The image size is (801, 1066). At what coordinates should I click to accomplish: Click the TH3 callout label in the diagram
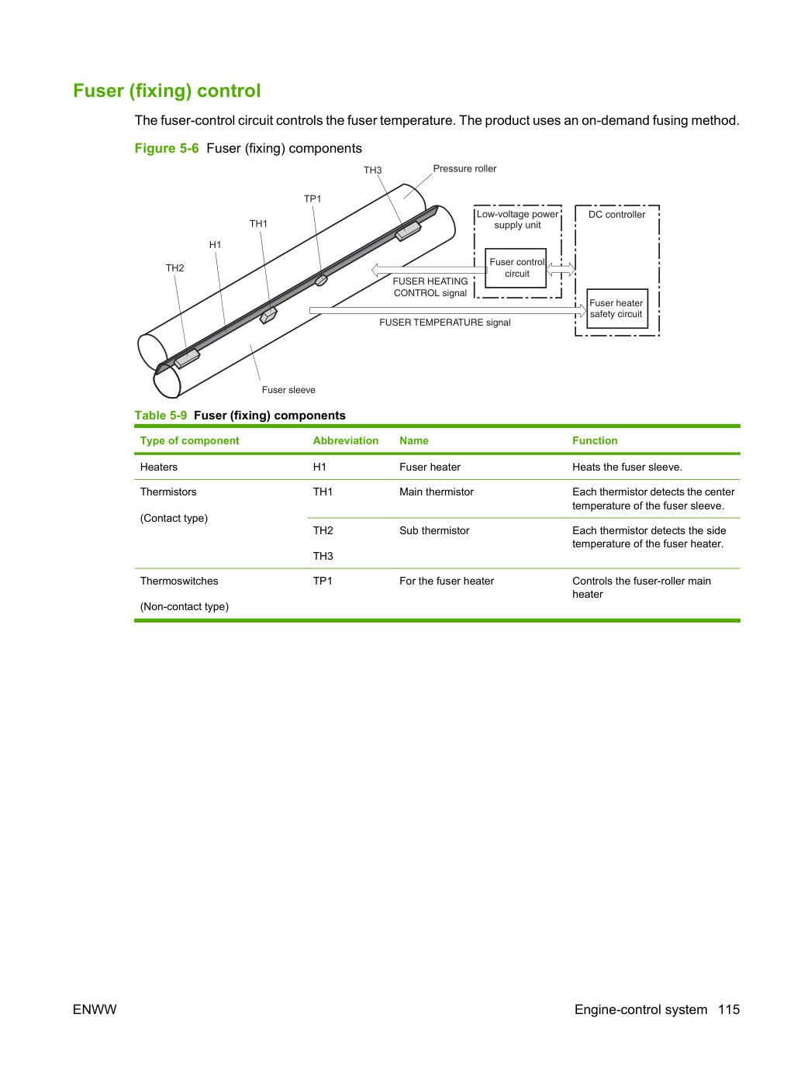[x=372, y=171]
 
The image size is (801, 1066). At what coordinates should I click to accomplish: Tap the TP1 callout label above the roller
[x=312, y=199]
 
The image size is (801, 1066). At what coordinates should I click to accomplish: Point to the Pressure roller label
[x=464, y=169]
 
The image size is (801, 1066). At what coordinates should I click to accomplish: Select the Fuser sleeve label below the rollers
[x=288, y=390]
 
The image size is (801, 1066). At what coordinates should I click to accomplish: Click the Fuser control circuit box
[x=516, y=268]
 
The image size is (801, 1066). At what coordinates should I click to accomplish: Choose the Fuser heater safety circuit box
[x=617, y=309]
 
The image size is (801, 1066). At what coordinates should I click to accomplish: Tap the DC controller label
[x=616, y=215]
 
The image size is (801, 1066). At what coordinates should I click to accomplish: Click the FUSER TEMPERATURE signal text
[x=444, y=323]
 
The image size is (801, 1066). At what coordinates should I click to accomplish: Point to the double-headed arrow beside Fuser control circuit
[x=561, y=270]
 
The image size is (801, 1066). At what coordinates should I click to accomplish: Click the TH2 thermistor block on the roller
[x=187, y=358]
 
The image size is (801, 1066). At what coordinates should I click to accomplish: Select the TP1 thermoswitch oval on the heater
[x=321, y=280]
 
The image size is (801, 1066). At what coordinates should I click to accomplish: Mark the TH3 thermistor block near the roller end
[x=408, y=231]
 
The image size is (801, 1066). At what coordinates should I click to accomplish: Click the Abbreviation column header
[x=345, y=440]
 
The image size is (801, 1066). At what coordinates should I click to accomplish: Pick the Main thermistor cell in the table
[x=437, y=492]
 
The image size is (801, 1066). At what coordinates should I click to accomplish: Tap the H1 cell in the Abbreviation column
[x=319, y=467]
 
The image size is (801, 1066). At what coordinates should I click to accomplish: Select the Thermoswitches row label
[x=179, y=581]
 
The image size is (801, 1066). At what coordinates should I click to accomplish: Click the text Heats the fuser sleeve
[x=627, y=467]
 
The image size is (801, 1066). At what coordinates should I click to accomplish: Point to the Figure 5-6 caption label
[x=167, y=148]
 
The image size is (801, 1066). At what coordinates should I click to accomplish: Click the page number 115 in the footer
[x=729, y=1009]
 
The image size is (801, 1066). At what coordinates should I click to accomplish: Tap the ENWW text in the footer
[x=95, y=1009]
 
